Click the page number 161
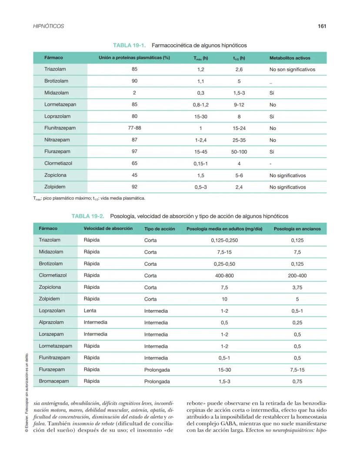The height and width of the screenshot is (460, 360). click(x=322, y=26)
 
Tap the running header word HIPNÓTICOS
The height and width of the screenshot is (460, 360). click(x=48, y=26)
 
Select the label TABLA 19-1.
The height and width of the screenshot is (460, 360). click(x=129, y=45)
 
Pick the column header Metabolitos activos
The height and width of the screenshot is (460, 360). click(x=290, y=58)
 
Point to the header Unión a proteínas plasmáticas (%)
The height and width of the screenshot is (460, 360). click(x=134, y=58)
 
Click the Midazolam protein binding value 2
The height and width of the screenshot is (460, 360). click(x=134, y=93)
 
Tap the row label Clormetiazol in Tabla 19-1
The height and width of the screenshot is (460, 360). click(x=58, y=163)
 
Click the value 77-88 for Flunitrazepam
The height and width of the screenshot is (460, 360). click(x=134, y=128)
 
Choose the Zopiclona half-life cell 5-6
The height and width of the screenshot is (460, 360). click(x=239, y=176)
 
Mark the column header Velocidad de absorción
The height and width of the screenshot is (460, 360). click(x=108, y=228)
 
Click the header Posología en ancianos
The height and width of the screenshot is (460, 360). click(x=297, y=229)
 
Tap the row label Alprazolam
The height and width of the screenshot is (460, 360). click(x=51, y=323)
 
